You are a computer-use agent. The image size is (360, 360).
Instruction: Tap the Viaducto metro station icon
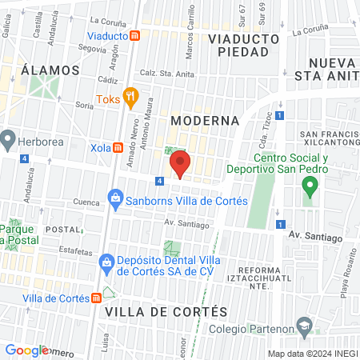click(136, 35)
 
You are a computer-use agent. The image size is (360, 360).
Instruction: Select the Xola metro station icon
click(118, 147)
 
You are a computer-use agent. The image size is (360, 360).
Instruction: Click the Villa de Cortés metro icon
click(97, 298)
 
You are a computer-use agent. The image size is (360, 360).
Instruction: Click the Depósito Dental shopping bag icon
click(105, 262)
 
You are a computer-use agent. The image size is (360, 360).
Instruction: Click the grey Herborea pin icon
click(9, 140)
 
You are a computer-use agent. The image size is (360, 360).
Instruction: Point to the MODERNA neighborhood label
click(205, 120)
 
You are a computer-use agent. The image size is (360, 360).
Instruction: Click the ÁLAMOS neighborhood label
click(50, 70)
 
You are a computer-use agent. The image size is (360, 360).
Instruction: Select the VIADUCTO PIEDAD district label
click(243, 45)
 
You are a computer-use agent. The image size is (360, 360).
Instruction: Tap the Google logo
click(26, 350)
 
